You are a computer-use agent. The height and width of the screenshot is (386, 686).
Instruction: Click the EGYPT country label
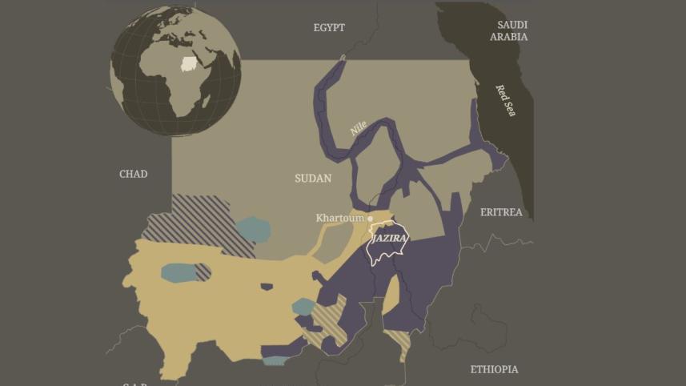tap(329, 27)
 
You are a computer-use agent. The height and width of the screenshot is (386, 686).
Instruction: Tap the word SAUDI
tap(512, 25)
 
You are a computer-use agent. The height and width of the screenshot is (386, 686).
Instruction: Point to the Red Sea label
tap(506, 101)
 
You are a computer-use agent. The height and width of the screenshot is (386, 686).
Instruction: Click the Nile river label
tap(358, 128)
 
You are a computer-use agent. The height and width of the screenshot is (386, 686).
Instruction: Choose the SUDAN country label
tap(313, 178)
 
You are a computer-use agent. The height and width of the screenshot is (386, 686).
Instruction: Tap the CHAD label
tap(134, 174)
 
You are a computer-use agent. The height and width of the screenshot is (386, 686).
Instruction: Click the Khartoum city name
tap(339, 218)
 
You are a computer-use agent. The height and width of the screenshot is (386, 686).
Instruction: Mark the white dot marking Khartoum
tap(370, 218)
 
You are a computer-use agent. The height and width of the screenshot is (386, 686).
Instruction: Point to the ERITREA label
tap(501, 212)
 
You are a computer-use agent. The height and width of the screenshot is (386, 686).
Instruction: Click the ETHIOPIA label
tap(494, 369)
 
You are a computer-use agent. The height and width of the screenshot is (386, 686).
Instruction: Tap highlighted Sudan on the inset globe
tap(189, 63)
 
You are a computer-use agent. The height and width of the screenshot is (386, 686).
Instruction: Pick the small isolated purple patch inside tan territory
tap(267, 286)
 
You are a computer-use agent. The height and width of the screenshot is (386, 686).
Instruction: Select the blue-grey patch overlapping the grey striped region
tap(253, 230)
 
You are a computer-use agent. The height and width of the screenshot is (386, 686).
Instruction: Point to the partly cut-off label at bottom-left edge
tap(134, 383)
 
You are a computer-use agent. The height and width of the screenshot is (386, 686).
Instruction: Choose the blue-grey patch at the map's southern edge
tap(275, 360)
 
